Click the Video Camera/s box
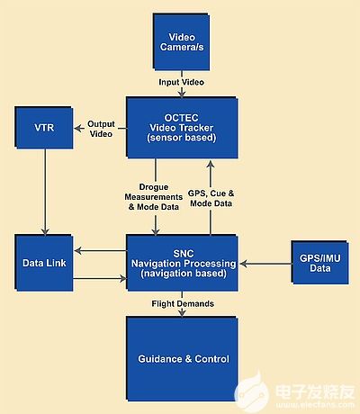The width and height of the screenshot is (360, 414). pos(181,42)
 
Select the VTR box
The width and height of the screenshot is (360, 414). pos(44,128)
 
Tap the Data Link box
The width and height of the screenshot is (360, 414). pos(44,263)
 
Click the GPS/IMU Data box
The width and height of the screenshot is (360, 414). pos(319,263)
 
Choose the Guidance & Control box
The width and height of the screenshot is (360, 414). pos(182,359)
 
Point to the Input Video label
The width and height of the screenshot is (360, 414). pos(181,82)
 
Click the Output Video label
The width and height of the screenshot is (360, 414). pos(101,129)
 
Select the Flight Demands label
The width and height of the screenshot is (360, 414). pos(183,303)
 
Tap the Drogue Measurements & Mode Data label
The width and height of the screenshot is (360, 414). pos(154,197)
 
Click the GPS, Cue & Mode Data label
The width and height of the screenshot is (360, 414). pos(211,198)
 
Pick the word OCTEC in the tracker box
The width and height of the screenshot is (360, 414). pos(181,118)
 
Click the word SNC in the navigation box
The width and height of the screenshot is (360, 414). pos(184,254)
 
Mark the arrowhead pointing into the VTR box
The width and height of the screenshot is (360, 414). pos(78,129)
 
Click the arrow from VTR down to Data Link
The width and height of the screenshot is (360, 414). pos(45,192)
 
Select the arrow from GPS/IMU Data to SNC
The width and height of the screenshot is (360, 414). pos(265,264)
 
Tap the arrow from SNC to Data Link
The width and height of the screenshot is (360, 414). pos(100,250)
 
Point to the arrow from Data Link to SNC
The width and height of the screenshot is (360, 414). pos(100,279)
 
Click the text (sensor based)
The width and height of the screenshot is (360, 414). pos(182,138)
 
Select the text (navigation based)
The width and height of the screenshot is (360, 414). pos(184,274)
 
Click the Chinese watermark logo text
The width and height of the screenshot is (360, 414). pos(314,391)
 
